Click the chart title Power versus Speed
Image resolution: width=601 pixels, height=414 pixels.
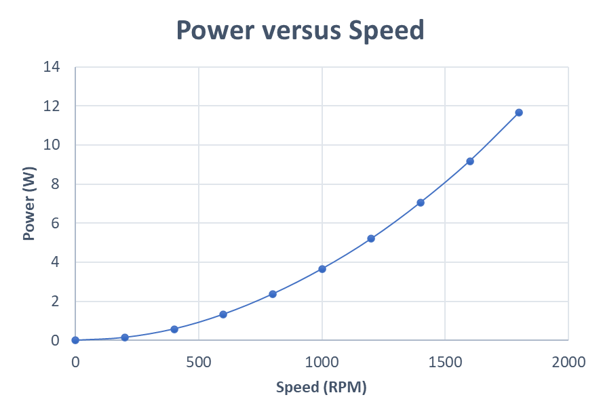300,30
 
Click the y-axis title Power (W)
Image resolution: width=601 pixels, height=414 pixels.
28,204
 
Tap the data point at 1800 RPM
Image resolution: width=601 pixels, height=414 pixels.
519,112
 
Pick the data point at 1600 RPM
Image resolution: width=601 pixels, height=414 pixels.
469,161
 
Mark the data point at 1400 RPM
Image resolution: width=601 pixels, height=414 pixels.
421,203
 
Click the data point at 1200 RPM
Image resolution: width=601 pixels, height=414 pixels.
371,239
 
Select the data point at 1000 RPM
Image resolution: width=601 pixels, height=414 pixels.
322,269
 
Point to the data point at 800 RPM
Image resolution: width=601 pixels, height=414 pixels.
273,294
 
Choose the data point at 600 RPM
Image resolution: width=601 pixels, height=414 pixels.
223,314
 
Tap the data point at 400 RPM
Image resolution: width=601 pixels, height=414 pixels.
174,329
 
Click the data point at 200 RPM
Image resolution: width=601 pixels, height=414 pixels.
125,337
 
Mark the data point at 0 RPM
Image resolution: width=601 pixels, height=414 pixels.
75,340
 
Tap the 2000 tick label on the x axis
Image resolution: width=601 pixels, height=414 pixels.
568,363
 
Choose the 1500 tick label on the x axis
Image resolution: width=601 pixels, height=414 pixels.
445,363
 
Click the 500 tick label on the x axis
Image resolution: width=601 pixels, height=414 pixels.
199,363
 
